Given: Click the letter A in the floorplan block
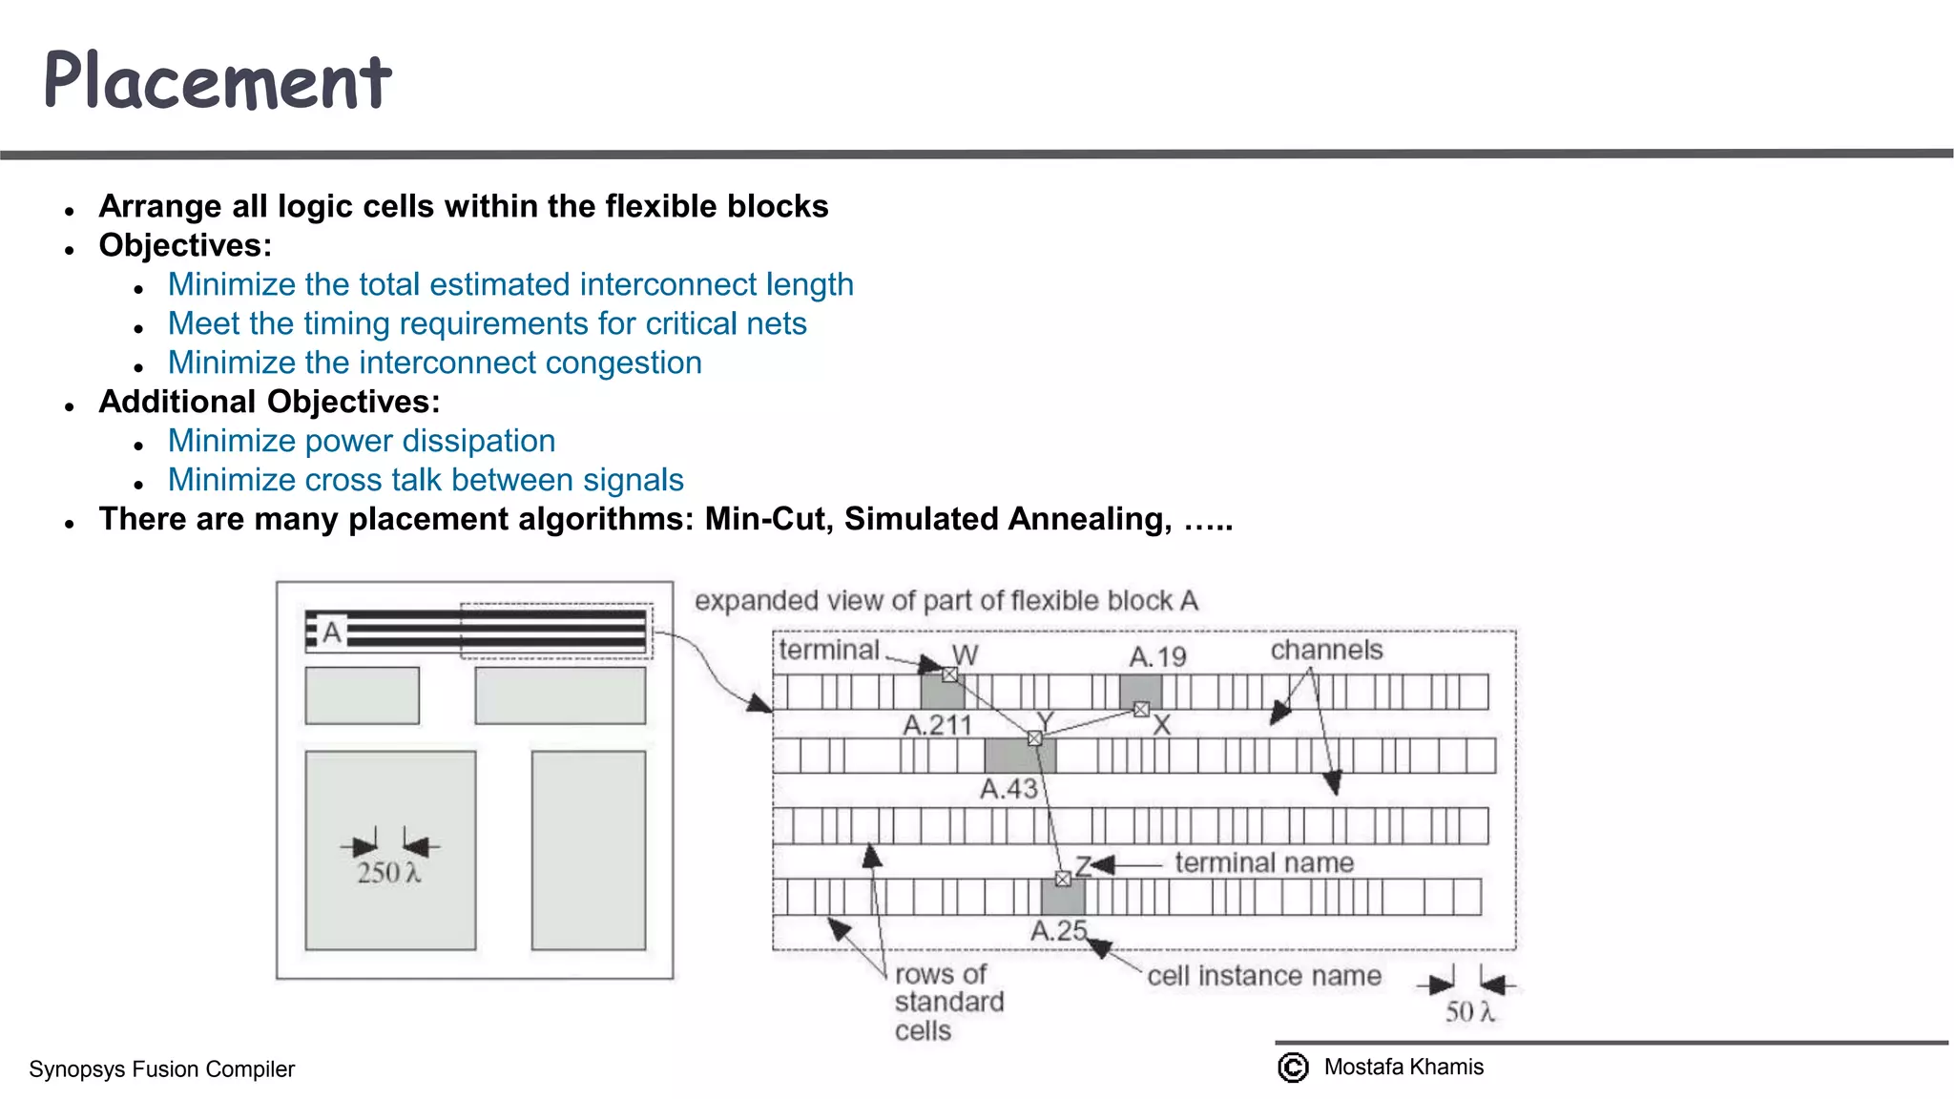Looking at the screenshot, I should tap(331, 632).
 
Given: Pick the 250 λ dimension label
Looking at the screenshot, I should tap(387, 873).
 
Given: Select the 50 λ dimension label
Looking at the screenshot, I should tap(1468, 1011).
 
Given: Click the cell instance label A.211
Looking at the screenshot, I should tap(937, 725).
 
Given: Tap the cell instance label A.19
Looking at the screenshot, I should tap(1157, 656).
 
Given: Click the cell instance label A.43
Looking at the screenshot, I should tap(1008, 789).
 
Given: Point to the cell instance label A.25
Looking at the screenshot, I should tap(1058, 930).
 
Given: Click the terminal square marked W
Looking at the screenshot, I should tap(949, 674).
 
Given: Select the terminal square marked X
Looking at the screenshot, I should tap(1141, 709).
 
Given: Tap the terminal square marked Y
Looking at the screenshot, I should tap(1034, 738).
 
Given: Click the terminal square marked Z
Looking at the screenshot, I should tap(1063, 879).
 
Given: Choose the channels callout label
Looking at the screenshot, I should tap(1326, 650).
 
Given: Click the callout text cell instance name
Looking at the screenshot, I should tap(1263, 975).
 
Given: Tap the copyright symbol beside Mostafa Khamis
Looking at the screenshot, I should tap(1293, 1068).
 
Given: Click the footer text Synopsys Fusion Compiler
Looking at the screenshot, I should tap(161, 1069).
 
